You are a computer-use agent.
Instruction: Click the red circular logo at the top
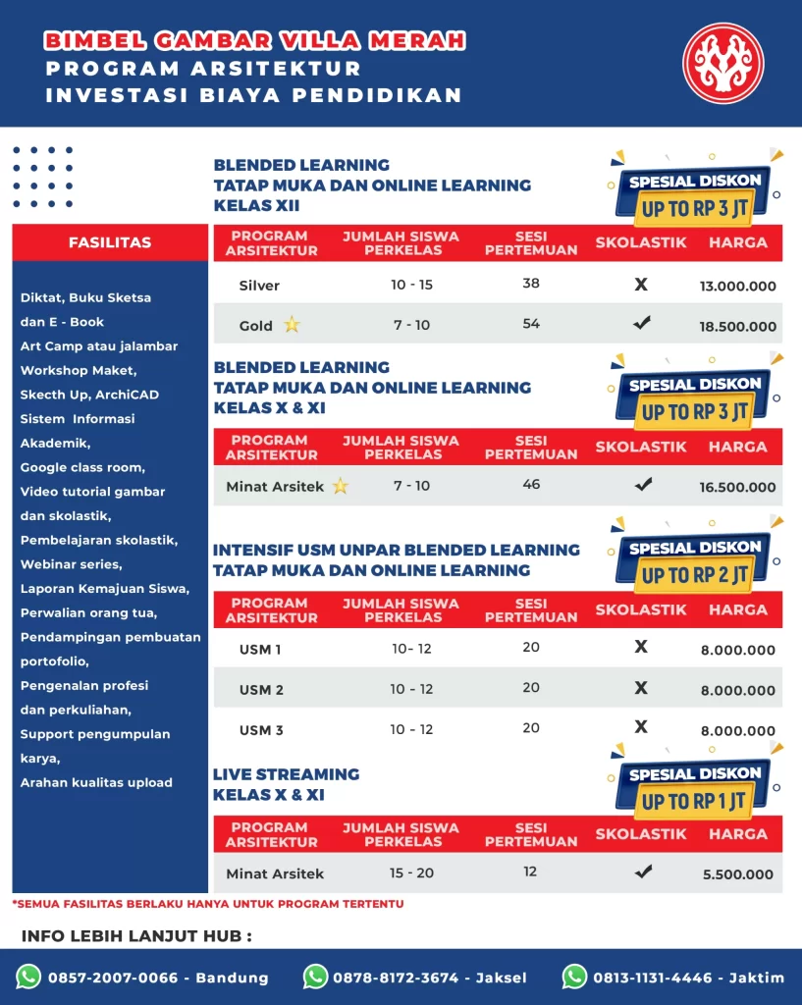coord(722,63)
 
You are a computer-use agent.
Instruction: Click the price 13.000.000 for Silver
coord(738,287)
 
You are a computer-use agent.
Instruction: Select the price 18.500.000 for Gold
coord(738,327)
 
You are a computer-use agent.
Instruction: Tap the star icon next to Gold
coord(292,325)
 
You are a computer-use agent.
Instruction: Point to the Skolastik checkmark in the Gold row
coord(642,322)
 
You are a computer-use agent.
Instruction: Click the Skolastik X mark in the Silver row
coord(641,285)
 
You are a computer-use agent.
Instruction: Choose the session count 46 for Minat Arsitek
coord(531,485)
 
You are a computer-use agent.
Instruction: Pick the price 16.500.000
coord(738,487)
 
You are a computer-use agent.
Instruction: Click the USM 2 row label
coord(261,690)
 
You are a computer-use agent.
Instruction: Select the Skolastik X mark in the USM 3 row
coord(641,727)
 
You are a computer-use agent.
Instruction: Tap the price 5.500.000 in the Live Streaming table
coord(738,874)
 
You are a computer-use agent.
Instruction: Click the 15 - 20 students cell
coord(411,873)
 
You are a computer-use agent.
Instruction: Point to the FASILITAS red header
coord(110,242)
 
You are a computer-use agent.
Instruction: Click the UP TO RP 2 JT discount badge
coord(694,574)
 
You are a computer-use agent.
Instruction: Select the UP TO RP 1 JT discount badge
coord(694,801)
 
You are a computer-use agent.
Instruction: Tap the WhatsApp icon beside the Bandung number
coord(28,977)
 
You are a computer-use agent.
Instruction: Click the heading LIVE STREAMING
coord(286,774)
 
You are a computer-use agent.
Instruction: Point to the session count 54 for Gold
coord(531,324)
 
